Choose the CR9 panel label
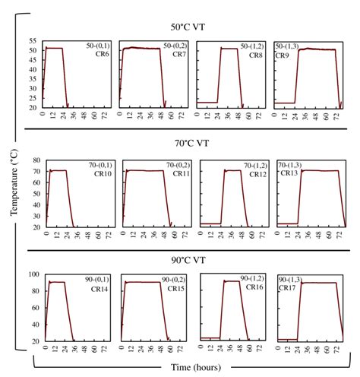283,55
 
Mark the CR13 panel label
286,174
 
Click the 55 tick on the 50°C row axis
33,41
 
